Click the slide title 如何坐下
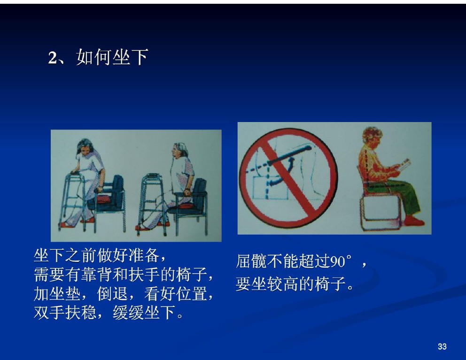[112, 57]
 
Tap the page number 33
[442, 346]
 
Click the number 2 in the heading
[52, 57]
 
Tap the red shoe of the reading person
[414, 221]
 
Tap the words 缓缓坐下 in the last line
[144, 313]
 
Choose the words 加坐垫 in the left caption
[57, 294]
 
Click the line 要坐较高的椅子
[291, 283]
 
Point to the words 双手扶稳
[65, 313]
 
